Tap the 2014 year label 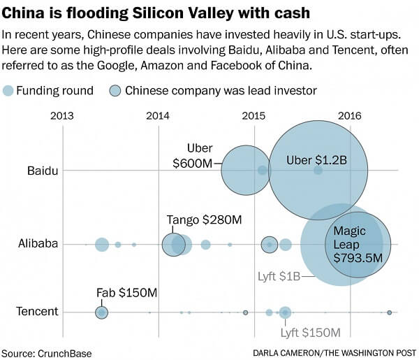pos(159,116)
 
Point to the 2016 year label pos(349,116)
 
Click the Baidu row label pos(43,171)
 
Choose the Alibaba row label pos(38,244)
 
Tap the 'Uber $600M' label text pos(192,155)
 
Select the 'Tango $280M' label pos(204,219)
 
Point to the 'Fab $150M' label pos(127,291)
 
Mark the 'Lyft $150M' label pos(310,333)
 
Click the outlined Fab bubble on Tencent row pos(102,312)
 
